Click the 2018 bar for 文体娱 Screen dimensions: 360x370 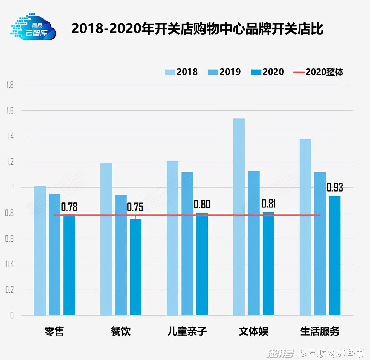point(239,216)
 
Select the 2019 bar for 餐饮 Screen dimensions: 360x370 point(121,255)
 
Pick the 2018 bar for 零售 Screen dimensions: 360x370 point(40,251)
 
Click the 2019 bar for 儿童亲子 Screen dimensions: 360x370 point(187,244)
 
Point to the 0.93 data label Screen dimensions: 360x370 point(334,188)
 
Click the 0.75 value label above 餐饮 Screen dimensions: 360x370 point(135,207)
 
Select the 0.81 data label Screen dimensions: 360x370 point(268,204)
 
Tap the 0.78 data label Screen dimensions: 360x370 point(69,207)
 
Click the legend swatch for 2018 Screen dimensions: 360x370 point(170,72)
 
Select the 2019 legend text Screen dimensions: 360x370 point(230,72)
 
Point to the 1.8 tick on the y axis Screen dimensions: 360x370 point(10,85)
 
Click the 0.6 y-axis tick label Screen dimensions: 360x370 point(10,239)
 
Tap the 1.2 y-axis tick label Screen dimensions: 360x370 point(10,162)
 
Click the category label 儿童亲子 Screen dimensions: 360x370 point(187,331)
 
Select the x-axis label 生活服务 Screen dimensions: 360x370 point(320,331)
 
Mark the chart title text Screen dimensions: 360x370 point(197,29)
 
